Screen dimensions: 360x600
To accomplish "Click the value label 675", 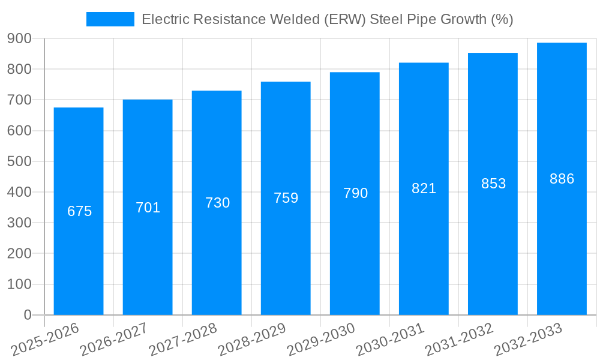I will [79, 211].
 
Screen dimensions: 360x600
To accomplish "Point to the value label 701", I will [148, 208].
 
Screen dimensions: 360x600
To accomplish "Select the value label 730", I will [217, 203].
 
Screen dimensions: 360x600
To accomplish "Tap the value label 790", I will [355, 193].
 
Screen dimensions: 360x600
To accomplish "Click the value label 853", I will [493, 184].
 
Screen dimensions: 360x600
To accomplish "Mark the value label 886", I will [562, 179].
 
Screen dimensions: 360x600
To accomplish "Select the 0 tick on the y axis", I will [28, 315].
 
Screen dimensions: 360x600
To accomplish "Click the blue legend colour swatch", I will [110, 19].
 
